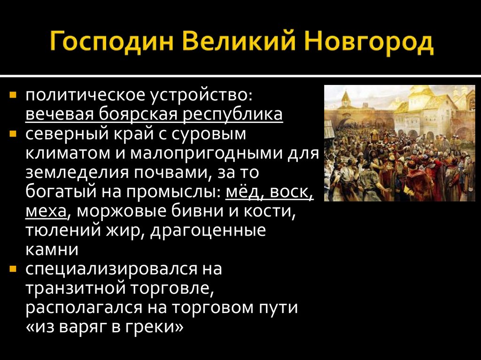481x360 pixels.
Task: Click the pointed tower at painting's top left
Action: (347, 98)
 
